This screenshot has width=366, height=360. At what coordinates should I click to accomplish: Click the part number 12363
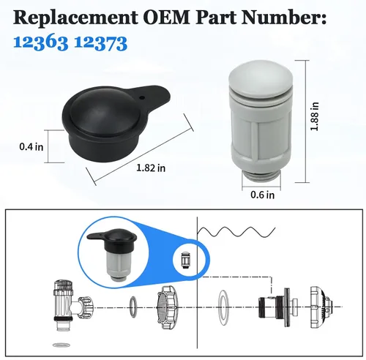click(40, 43)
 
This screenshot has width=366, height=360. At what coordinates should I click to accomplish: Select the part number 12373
click(100, 43)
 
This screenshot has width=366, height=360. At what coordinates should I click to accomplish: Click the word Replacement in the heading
click(75, 18)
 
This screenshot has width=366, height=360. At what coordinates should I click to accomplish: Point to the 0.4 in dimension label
click(31, 147)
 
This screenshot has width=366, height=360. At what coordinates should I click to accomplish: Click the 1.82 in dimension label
click(151, 168)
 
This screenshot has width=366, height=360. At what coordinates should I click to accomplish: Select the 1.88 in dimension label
click(314, 116)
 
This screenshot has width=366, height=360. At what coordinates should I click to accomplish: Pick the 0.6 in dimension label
click(263, 195)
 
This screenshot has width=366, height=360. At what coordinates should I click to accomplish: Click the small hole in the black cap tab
click(141, 97)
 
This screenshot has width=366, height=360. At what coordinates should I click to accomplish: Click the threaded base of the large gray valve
click(261, 176)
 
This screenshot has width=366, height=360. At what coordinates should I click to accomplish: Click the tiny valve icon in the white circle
click(184, 260)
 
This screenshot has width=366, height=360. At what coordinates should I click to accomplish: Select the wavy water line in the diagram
click(236, 232)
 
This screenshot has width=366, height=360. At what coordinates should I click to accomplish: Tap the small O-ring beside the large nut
click(133, 307)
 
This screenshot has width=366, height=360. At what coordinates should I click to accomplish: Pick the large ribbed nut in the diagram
click(167, 307)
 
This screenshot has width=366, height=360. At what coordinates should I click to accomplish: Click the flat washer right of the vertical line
click(223, 307)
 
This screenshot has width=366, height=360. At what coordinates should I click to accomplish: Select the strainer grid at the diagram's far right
click(321, 307)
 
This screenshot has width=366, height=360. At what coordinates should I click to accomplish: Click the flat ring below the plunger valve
click(62, 345)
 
